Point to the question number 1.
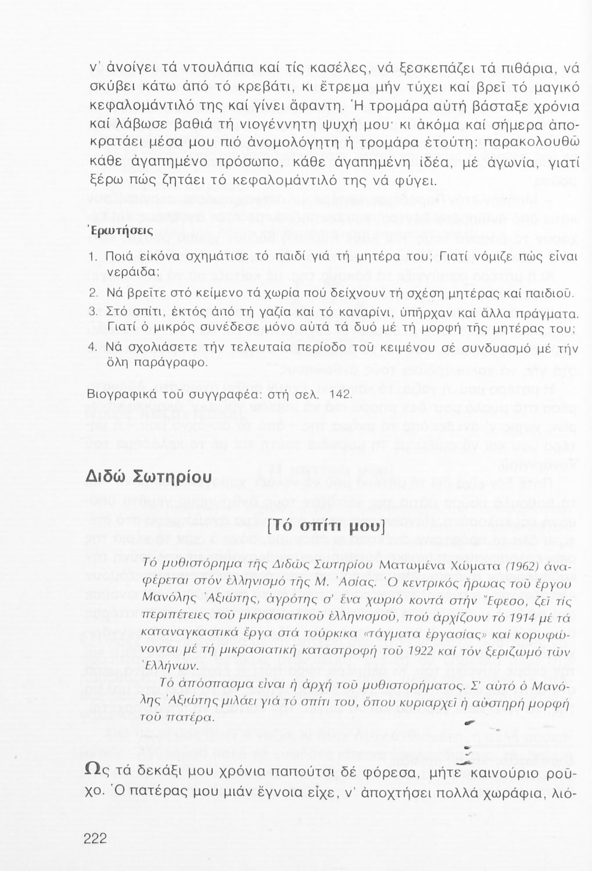(92, 257)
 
